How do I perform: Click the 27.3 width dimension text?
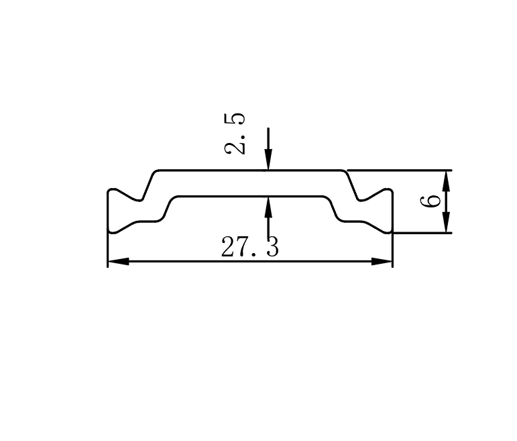point(250,246)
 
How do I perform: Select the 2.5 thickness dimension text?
point(235,134)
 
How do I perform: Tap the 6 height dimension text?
point(430,201)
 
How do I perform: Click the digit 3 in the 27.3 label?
point(272,246)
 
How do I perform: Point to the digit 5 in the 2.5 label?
point(235,119)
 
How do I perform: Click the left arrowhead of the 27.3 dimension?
point(119,261)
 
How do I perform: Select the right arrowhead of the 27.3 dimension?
point(382,261)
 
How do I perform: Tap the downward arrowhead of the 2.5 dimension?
point(268,160)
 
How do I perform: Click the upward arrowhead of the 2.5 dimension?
point(268,207)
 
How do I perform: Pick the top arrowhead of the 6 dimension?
point(446,181)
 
